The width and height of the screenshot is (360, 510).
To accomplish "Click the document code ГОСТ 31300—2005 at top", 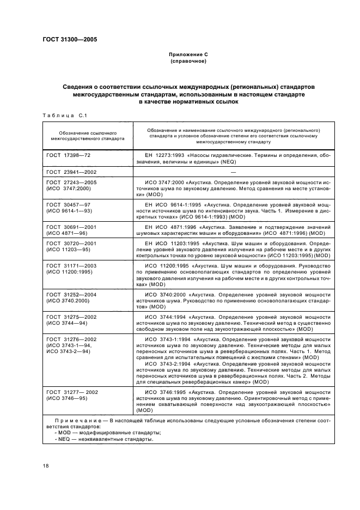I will (70, 39).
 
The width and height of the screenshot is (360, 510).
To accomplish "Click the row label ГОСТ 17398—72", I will (69, 155).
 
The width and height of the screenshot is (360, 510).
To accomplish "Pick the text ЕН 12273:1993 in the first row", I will (164, 155).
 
